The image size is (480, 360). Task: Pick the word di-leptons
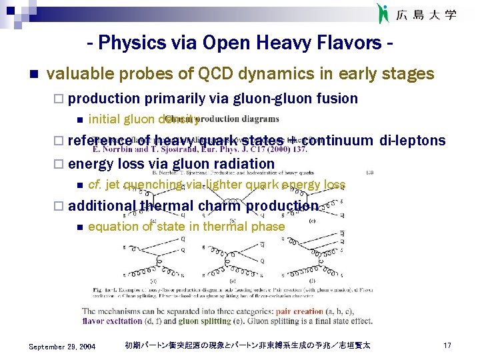tap(411, 140)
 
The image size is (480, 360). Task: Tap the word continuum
tap(339, 140)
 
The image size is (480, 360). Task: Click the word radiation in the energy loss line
tap(243, 163)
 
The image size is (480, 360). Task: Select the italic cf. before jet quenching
tap(94, 185)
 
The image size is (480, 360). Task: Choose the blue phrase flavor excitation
tap(112, 321)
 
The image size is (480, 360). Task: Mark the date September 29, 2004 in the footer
tap(63, 346)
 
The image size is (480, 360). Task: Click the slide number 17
tap(447, 346)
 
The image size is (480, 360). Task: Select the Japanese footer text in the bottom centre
tap(247, 346)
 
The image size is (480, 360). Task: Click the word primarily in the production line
tap(173, 99)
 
